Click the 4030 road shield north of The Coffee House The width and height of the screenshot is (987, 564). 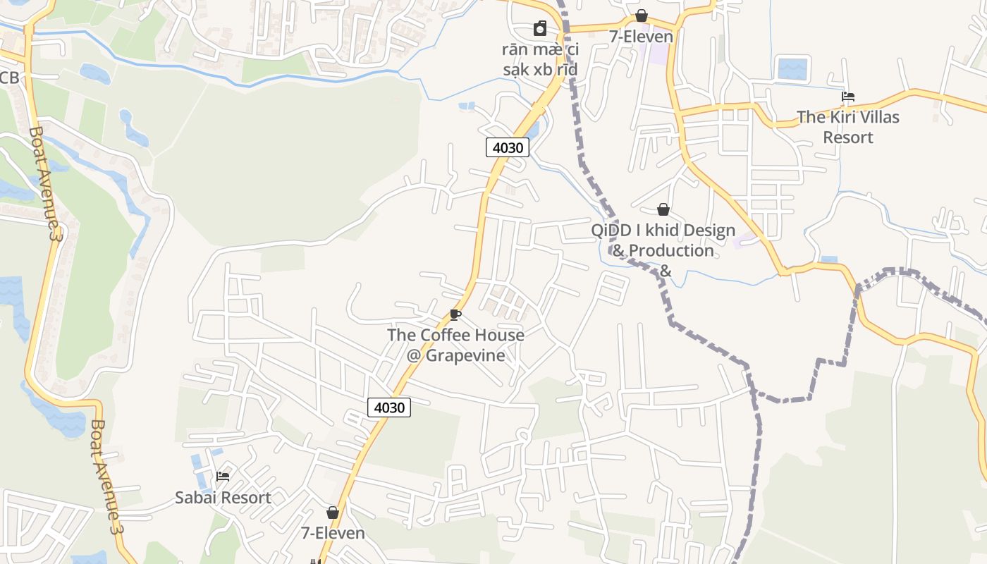[x=507, y=147]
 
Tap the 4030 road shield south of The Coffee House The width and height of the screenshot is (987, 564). [x=388, y=407]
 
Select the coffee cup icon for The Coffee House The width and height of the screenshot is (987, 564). [x=455, y=314]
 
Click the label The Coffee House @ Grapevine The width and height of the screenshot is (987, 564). [x=455, y=345]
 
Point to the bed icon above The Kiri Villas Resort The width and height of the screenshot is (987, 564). [x=848, y=97]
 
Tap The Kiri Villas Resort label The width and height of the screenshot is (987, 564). [x=848, y=127]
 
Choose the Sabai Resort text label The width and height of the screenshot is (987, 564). [x=223, y=498]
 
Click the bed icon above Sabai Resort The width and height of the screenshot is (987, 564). [x=223, y=477]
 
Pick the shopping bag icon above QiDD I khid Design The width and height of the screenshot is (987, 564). [x=663, y=209]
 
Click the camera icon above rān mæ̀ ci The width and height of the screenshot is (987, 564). [x=539, y=28]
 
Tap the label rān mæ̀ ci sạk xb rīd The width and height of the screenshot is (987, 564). [x=540, y=59]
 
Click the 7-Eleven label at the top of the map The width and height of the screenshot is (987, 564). [x=641, y=37]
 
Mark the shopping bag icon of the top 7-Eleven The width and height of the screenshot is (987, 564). [x=641, y=16]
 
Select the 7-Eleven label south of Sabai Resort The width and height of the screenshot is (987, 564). [x=333, y=533]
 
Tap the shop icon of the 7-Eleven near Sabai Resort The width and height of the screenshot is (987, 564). [x=333, y=513]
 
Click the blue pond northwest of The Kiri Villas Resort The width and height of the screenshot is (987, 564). [x=791, y=69]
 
